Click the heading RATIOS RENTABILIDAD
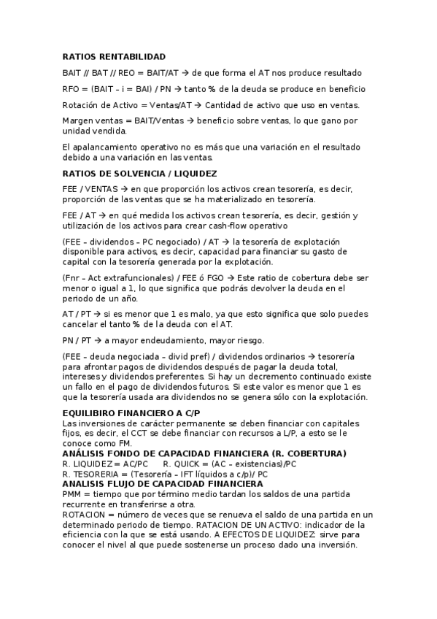point(115,56)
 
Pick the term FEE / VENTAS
point(86,190)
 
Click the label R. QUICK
point(181,464)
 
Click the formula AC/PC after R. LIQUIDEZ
point(134,464)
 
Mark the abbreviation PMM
point(74,494)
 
